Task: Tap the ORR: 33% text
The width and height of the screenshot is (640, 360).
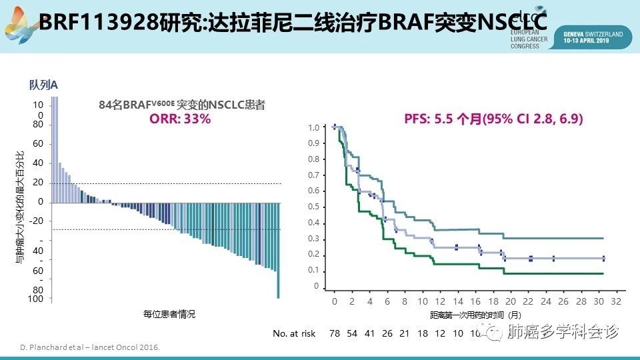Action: coord(180,119)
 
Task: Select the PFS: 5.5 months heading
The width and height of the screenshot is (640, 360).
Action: coord(493,119)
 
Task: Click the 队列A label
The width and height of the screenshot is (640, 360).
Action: coord(43,85)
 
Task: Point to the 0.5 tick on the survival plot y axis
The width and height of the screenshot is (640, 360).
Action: coord(313,207)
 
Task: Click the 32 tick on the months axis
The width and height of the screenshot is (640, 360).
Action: coord(615,301)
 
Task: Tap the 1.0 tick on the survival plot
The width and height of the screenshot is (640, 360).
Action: coord(313,127)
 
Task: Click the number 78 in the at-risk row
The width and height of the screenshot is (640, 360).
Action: coord(335,333)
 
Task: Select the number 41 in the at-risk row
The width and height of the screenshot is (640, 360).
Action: coord(370,333)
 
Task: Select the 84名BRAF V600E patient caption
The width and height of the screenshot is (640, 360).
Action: coord(181,105)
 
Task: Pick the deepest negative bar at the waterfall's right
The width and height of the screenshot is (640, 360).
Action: coord(278,250)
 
